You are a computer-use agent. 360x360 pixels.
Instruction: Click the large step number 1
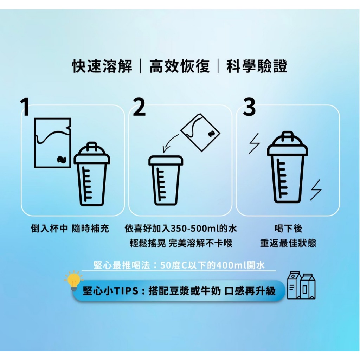point(25,107)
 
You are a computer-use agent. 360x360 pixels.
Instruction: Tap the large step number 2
point(139,107)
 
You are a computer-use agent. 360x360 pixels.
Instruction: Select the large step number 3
point(249,107)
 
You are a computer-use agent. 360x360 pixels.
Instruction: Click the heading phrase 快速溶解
point(102,66)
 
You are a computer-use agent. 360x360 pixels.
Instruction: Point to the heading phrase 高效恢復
point(180,66)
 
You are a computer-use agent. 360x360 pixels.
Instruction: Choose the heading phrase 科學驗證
point(257,66)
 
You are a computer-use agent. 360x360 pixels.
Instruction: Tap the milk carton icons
point(301,285)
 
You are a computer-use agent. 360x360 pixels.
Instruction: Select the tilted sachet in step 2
point(200,133)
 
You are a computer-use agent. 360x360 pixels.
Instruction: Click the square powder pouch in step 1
point(53,143)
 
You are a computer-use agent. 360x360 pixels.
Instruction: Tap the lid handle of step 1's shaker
point(92,146)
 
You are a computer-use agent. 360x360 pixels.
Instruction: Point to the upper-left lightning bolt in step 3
point(255,143)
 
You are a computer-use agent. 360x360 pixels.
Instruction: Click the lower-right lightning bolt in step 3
point(316,190)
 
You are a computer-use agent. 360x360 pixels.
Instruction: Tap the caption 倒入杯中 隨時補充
point(70,229)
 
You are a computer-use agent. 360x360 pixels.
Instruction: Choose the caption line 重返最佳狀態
point(288,243)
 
